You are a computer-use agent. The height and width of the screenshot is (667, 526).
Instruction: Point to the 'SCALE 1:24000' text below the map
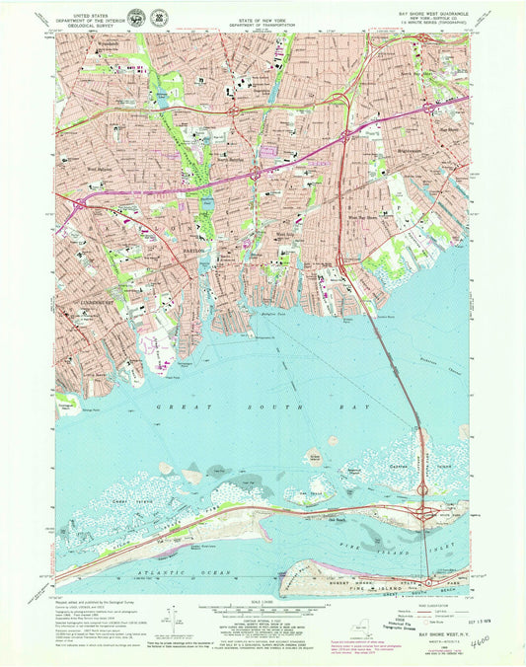[263, 601]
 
